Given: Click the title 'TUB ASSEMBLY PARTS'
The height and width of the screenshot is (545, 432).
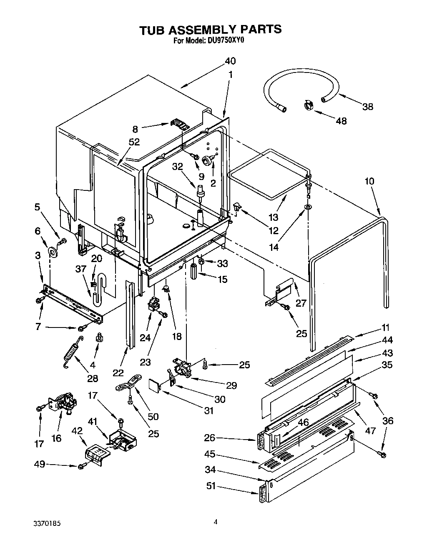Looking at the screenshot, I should tap(210, 29).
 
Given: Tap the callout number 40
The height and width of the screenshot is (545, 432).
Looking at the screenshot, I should tap(230, 61).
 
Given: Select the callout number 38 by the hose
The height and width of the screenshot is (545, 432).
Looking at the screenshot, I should tap(367, 107).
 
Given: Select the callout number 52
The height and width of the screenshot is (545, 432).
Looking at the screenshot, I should tap(134, 142).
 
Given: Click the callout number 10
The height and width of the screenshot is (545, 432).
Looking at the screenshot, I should tap(369, 181).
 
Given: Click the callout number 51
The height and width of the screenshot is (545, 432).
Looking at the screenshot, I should tap(211, 486).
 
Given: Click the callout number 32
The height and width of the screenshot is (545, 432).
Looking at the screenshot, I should tap(177, 167).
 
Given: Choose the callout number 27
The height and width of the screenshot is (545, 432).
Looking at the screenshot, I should tap(301, 303).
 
